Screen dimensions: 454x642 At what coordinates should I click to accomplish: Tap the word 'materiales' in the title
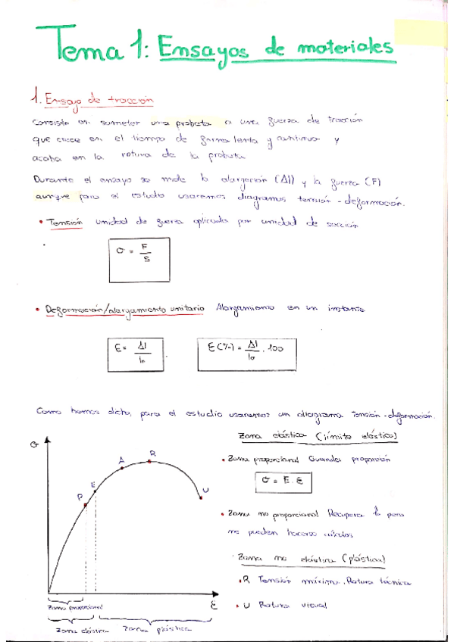click(x=347, y=48)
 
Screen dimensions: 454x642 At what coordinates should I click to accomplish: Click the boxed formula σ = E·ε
click(x=283, y=481)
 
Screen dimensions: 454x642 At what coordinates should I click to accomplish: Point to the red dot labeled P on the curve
click(x=86, y=505)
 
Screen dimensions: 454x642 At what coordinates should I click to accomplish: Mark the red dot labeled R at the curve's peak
click(x=150, y=462)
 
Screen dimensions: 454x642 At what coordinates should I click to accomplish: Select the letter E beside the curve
click(x=92, y=485)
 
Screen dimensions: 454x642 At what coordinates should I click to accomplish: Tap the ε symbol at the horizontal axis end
click(x=214, y=606)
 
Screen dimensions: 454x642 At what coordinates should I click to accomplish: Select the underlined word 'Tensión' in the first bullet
click(x=63, y=225)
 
